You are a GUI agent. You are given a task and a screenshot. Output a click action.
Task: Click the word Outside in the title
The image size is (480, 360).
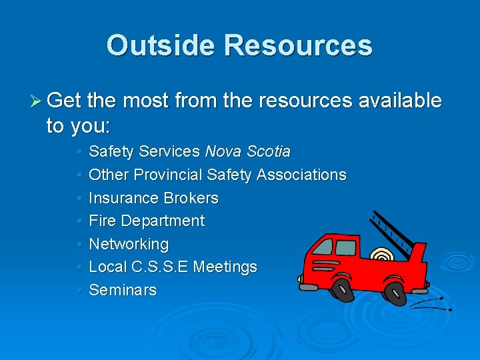[x=160, y=45]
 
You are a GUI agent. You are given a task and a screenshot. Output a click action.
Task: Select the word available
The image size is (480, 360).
[x=400, y=100]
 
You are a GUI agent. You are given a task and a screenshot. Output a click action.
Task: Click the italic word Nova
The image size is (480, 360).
[x=225, y=152]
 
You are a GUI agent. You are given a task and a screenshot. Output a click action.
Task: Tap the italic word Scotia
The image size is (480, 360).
[x=269, y=152]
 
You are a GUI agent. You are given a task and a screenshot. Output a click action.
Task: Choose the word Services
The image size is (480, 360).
[x=170, y=152]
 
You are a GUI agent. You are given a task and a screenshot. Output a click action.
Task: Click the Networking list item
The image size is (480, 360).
[x=129, y=244]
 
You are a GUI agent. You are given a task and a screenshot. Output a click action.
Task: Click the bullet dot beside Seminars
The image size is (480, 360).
[x=79, y=290]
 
